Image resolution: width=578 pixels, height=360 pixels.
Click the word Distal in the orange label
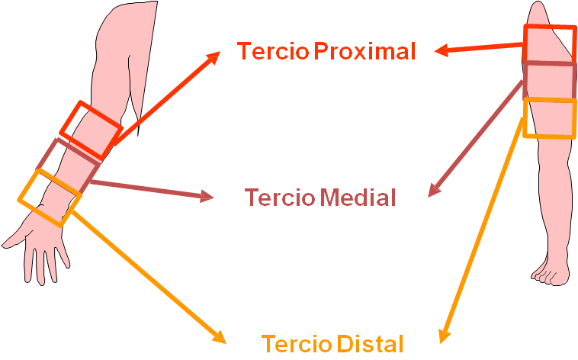[x=369, y=344]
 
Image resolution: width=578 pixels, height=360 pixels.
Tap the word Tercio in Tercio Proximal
[x=273, y=51]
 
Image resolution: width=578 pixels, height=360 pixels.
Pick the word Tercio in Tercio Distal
[x=296, y=344]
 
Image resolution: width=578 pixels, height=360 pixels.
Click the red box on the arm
[x=90, y=130]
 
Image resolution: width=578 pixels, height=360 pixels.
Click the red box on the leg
[x=550, y=44]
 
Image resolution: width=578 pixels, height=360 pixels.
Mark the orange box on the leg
[x=550, y=118]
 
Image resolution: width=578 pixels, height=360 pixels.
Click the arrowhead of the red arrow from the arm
[x=214, y=56]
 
